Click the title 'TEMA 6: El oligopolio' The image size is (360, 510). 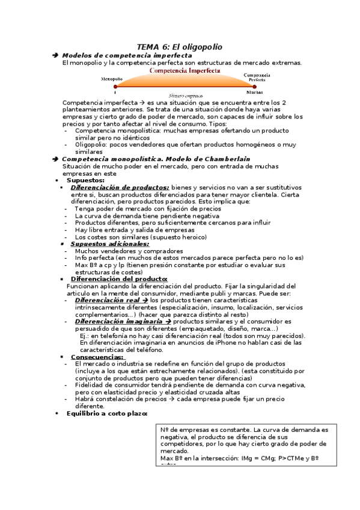180,46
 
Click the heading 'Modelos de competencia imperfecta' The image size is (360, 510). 127,55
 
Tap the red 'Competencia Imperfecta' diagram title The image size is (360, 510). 180,70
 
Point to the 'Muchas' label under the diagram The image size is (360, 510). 254,93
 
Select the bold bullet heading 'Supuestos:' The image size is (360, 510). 85,180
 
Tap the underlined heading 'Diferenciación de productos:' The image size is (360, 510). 120,187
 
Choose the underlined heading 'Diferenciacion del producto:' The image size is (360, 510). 119,278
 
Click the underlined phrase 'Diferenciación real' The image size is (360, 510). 107,300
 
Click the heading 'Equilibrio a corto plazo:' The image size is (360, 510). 106,413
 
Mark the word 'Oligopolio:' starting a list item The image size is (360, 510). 93,144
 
